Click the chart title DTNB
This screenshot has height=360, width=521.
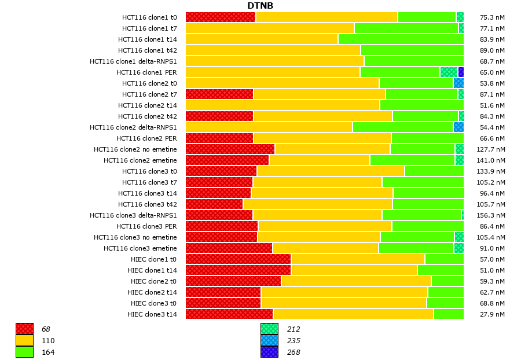point(260,6)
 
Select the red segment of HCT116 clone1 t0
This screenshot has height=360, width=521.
point(221,17)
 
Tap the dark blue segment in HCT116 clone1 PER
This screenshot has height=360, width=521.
point(461,72)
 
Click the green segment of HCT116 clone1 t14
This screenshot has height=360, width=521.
point(401,39)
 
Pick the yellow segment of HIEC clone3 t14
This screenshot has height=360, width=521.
point(353,314)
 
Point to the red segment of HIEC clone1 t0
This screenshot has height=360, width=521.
point(238,259)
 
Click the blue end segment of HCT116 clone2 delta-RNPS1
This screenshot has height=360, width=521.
point(458,127)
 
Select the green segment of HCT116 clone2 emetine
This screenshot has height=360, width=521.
point(412,160)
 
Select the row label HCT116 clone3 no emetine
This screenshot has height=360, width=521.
point(135,237)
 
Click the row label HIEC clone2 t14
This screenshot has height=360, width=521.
point(152,292)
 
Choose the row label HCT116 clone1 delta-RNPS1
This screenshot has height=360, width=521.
point(133,61)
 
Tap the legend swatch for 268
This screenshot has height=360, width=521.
point(269,352)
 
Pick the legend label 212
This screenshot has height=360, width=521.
point(293,329)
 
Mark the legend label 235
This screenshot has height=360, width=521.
point(293,341)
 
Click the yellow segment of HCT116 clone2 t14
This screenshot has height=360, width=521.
point(282,105)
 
